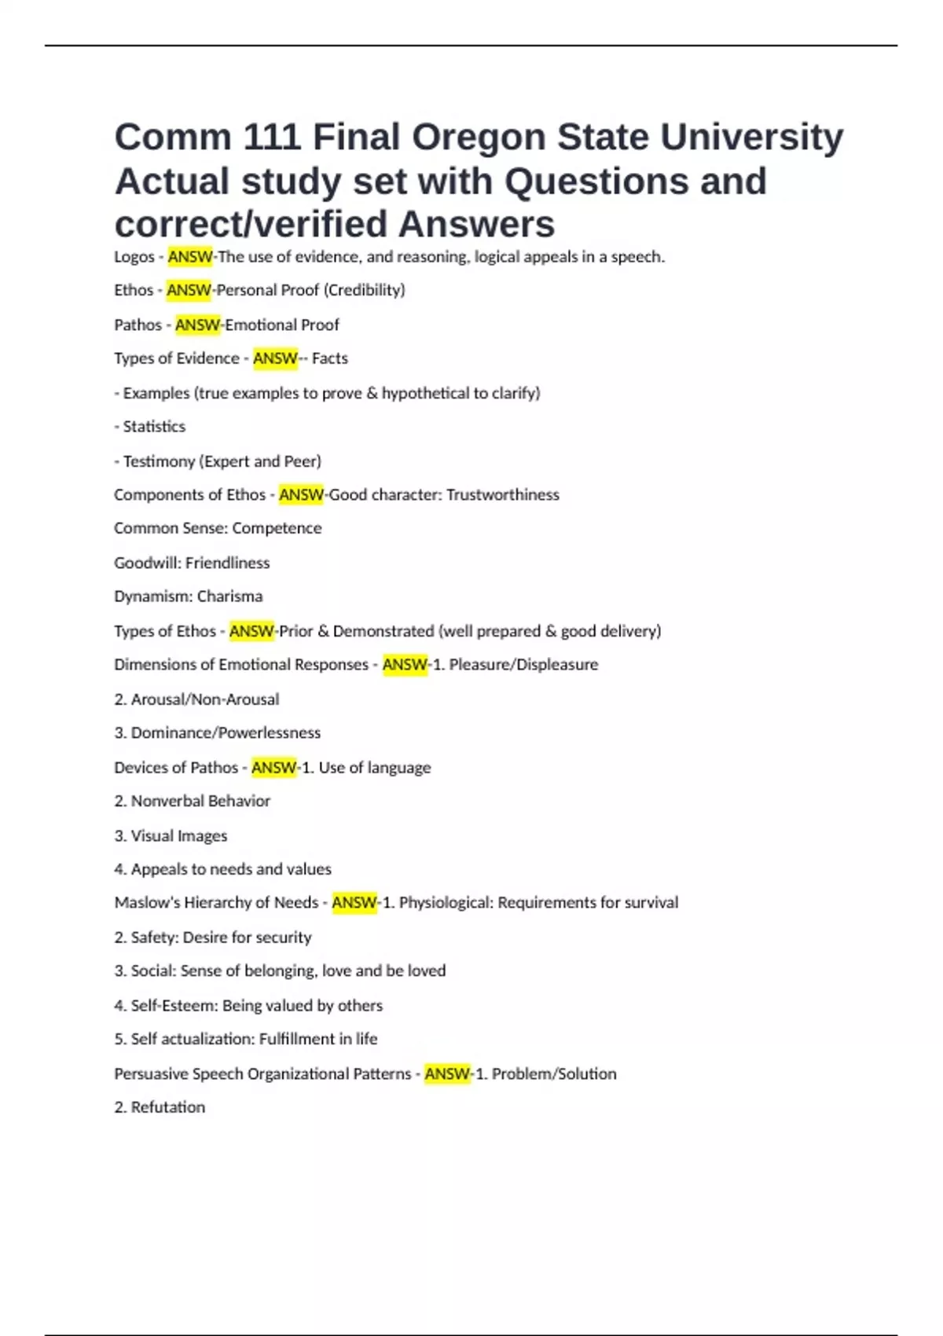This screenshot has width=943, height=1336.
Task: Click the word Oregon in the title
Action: pyautogui.click(x=479, y=138)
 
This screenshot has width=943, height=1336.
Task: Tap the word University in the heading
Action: pyautogui.click(x=751, y=138)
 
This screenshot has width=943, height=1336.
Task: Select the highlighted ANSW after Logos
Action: pyautogui.click(x=190, y=257)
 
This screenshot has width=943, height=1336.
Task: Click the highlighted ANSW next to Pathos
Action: pyautogui.click(x=198, y=325)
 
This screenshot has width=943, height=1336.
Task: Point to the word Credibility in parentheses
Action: pyautogui.click(x=365, y=290)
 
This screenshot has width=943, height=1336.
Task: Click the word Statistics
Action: pyautogui.click(x=154, y=427)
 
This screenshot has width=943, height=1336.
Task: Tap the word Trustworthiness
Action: pyautogui.click(x=503, y=495)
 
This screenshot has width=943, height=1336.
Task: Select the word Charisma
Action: pyautogui.click(x=229, y=596)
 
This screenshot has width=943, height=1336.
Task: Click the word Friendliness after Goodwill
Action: pyautogui.click(x=227, y=563)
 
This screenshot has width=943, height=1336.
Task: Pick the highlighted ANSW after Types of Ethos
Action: pyautogui.click(x=251, y=631)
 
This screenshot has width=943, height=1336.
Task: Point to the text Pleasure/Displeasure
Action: pyautogui.click(x=523, y=665)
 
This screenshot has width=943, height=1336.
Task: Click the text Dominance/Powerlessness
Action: pyautogui.click(x=226, y=733)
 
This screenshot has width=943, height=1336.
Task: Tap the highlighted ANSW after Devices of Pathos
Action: pyautogui.click(x=273, y=768)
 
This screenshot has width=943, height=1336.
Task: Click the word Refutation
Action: pyautogui.click(x=167, y=1107)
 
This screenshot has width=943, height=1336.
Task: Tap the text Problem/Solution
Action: pyautogui.click(x=554, y=1074)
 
